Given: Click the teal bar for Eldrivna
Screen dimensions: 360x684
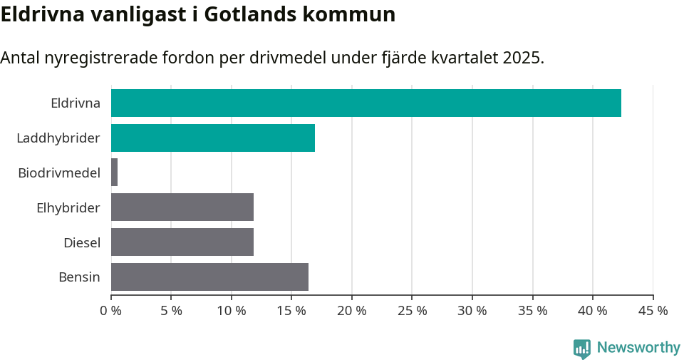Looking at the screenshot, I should pyautogui.click(x=366, y=103).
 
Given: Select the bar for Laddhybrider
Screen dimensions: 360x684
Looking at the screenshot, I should pyautogui.click(x=212, y=138).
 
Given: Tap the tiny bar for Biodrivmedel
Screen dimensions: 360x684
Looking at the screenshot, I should pyautogui.click(x=114, y=173).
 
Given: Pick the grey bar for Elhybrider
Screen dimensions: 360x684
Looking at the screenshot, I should pyautogui.click(x=182, y=207).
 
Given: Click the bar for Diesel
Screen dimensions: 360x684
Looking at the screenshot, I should pyautogui.click(x=182, y=242).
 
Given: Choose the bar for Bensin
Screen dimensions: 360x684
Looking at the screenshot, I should pyautogui.click(x=209, y=277).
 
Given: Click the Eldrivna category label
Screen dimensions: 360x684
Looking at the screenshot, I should pyautogui.click(x=76, y=103).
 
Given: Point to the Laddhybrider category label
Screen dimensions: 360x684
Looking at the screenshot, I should pyautogui.click(x=58, y=138).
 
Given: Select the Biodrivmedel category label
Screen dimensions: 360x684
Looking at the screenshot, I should pyautogui.click(x=59, y=173).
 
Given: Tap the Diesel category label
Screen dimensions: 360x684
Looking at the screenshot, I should pyautogui.click(x=82, y=242).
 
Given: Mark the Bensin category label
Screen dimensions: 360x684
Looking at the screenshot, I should pyautogui.click(x=79, y=277).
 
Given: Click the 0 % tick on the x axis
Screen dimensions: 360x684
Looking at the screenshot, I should pyautogui.click(x=111, y=311).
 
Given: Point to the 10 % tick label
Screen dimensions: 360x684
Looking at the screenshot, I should pyautogui.click(x=232, y=311).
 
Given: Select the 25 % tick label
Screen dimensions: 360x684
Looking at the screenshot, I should pyautogui.click(x=412, y=311).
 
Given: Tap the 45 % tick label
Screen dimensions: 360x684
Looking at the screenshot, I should pyautogui.click(x=653, y=311).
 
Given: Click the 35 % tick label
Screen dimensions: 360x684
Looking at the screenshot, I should pyautogui.click(x=532, y=311).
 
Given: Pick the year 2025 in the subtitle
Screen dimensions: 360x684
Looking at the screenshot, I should pyautogui.click(x=522, y=58).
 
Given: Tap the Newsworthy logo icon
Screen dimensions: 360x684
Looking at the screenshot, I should pyautogui.click(x=582, y=348).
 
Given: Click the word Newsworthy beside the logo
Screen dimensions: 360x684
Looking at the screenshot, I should pyautogui.click(x=638, y=348).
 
